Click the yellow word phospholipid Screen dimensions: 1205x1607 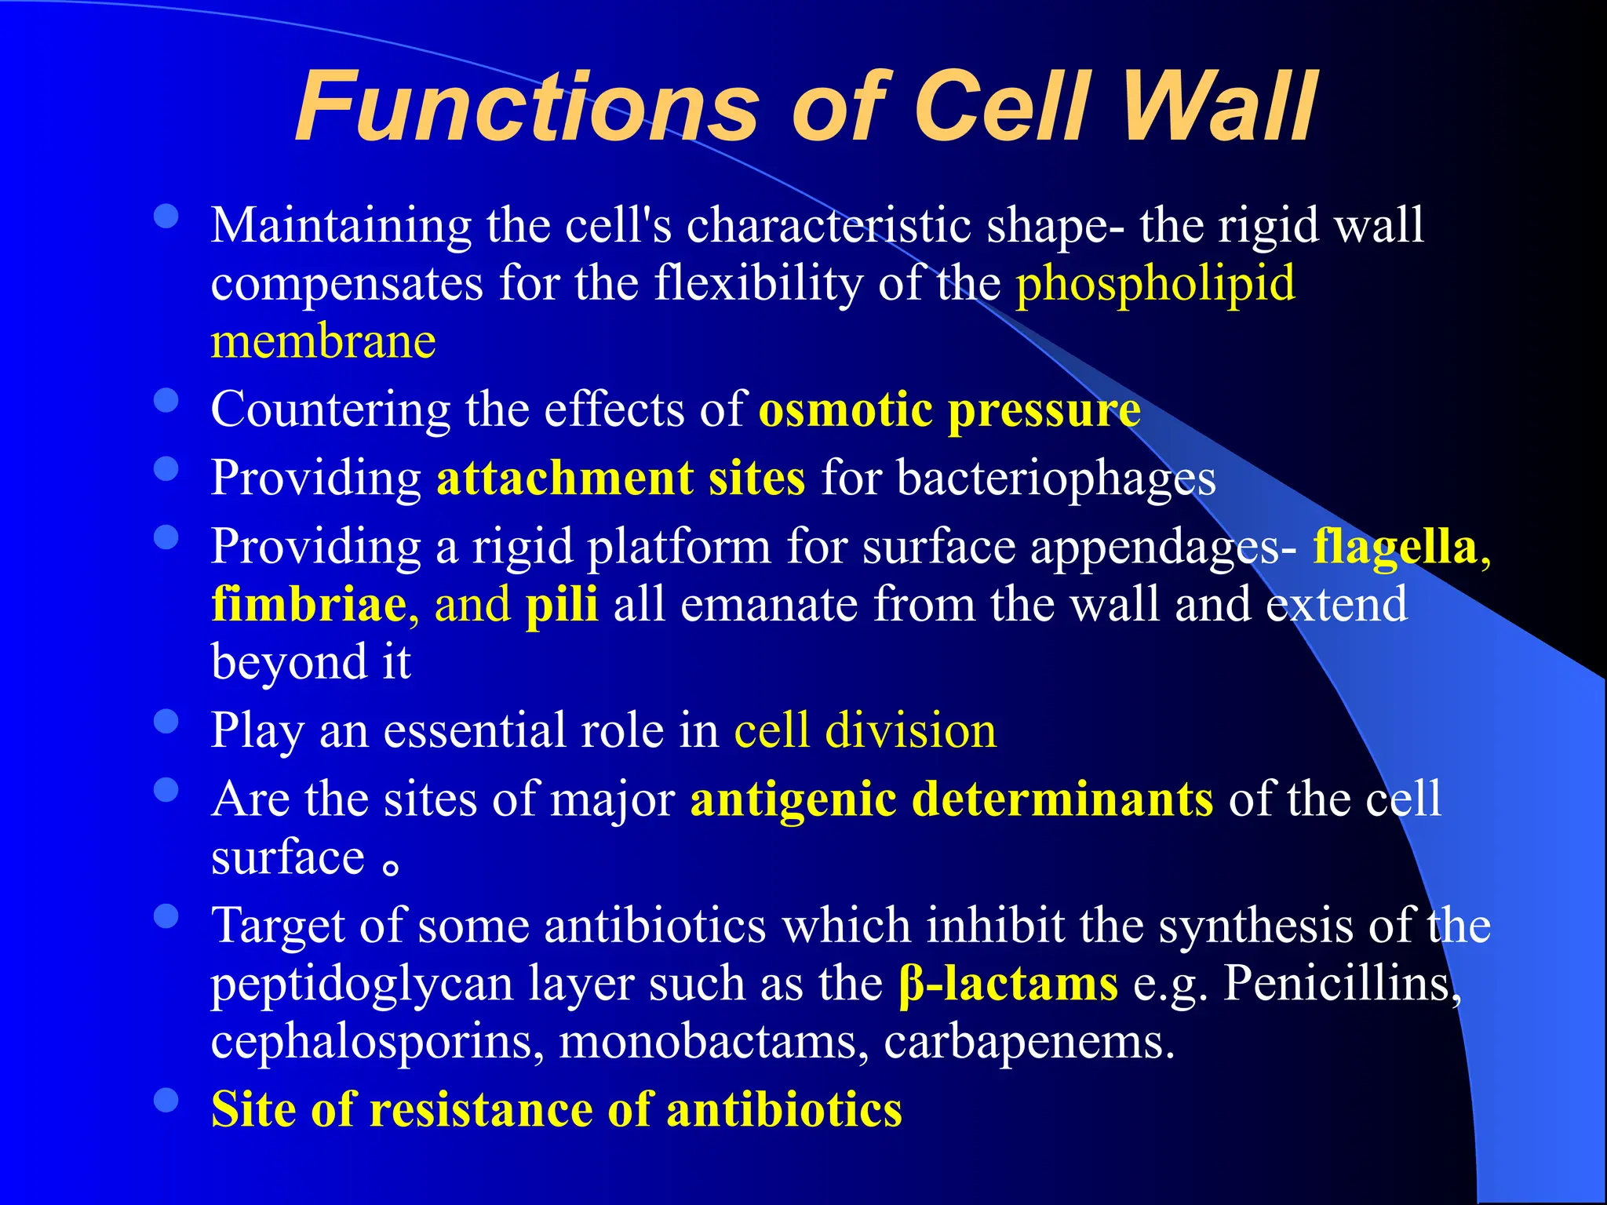[x=1155, y=283]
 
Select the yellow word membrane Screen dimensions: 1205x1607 [x=323, y=342]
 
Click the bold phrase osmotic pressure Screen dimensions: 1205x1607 [x=949, y=410]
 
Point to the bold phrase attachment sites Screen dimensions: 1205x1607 [x=620, y=479]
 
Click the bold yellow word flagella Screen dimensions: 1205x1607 [x=1395, y=547]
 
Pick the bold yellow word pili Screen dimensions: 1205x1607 [x=562, y=605]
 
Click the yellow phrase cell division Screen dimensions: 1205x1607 [x=865, y=730]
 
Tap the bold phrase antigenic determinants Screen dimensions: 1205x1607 [x=952, y=799]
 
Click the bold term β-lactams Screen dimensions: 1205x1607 [x=1008, y=984]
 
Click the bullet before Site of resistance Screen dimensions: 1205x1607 [x=166, y=1100]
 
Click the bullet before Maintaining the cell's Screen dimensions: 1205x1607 [x=166, y=217]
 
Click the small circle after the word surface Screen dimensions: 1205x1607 [x=391, y=866]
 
